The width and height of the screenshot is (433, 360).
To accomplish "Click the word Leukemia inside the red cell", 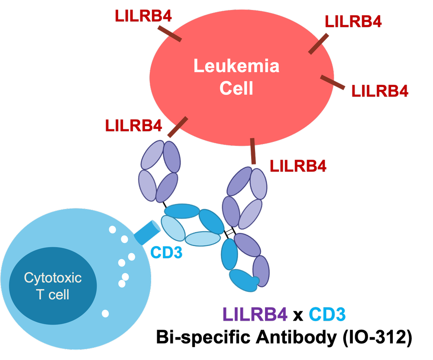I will coord(236,67).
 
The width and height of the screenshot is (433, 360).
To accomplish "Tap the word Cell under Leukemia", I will coord(236,89).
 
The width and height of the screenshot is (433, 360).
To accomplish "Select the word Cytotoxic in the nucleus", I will coord(53,277).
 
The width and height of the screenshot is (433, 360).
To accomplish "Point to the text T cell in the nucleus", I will coord(53,295).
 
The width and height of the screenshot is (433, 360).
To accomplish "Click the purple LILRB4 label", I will coord(255,315).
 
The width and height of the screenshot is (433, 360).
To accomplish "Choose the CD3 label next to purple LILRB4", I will coord(327,315).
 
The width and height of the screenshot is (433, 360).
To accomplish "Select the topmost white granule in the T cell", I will coord(112,230).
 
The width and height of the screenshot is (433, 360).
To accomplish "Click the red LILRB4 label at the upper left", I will coord(143,16).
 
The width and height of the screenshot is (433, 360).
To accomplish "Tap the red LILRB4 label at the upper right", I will coord(353,21).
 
